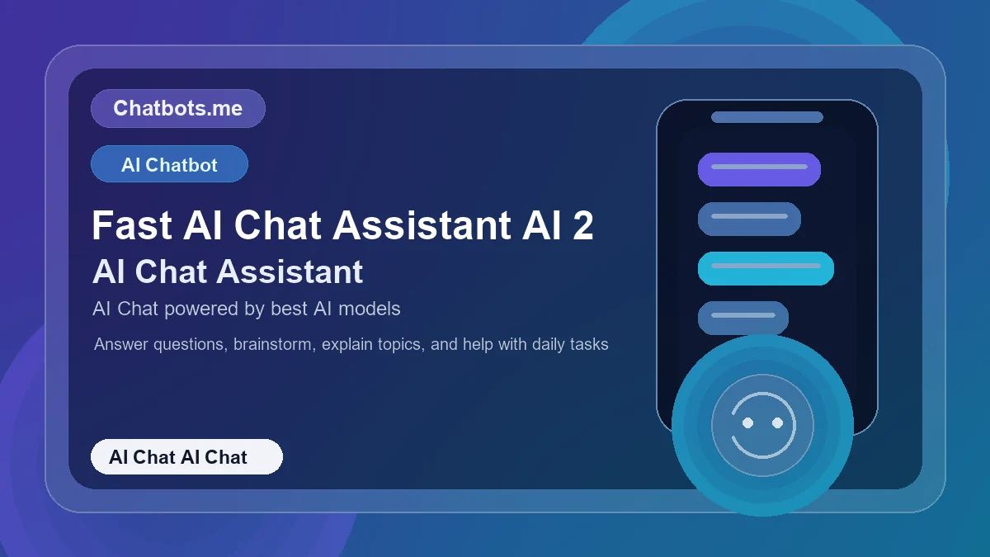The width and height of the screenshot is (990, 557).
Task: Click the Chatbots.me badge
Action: [177, 109]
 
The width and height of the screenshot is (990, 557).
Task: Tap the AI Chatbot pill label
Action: [169, 164]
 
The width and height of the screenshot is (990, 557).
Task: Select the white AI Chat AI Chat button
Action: [186, 457]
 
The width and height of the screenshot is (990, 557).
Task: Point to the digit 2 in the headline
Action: [582, 225]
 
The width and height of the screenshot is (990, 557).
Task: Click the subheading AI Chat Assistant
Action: [228, 271]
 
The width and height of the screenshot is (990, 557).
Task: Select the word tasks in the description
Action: [588, 344]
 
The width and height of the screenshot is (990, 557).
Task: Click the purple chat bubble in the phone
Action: [759, 169]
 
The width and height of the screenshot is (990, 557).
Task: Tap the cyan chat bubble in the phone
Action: [766, 268]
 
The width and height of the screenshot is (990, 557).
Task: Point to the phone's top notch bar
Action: [767, 117]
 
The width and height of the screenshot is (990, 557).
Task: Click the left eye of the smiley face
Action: [747, 422]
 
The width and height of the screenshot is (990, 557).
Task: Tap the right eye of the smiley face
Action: [777, 422]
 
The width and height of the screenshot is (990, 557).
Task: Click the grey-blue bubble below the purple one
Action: [749, 219]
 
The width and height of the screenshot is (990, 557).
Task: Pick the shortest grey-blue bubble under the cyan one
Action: [743, 318]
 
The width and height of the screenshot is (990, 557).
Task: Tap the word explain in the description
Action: [347, 344]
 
